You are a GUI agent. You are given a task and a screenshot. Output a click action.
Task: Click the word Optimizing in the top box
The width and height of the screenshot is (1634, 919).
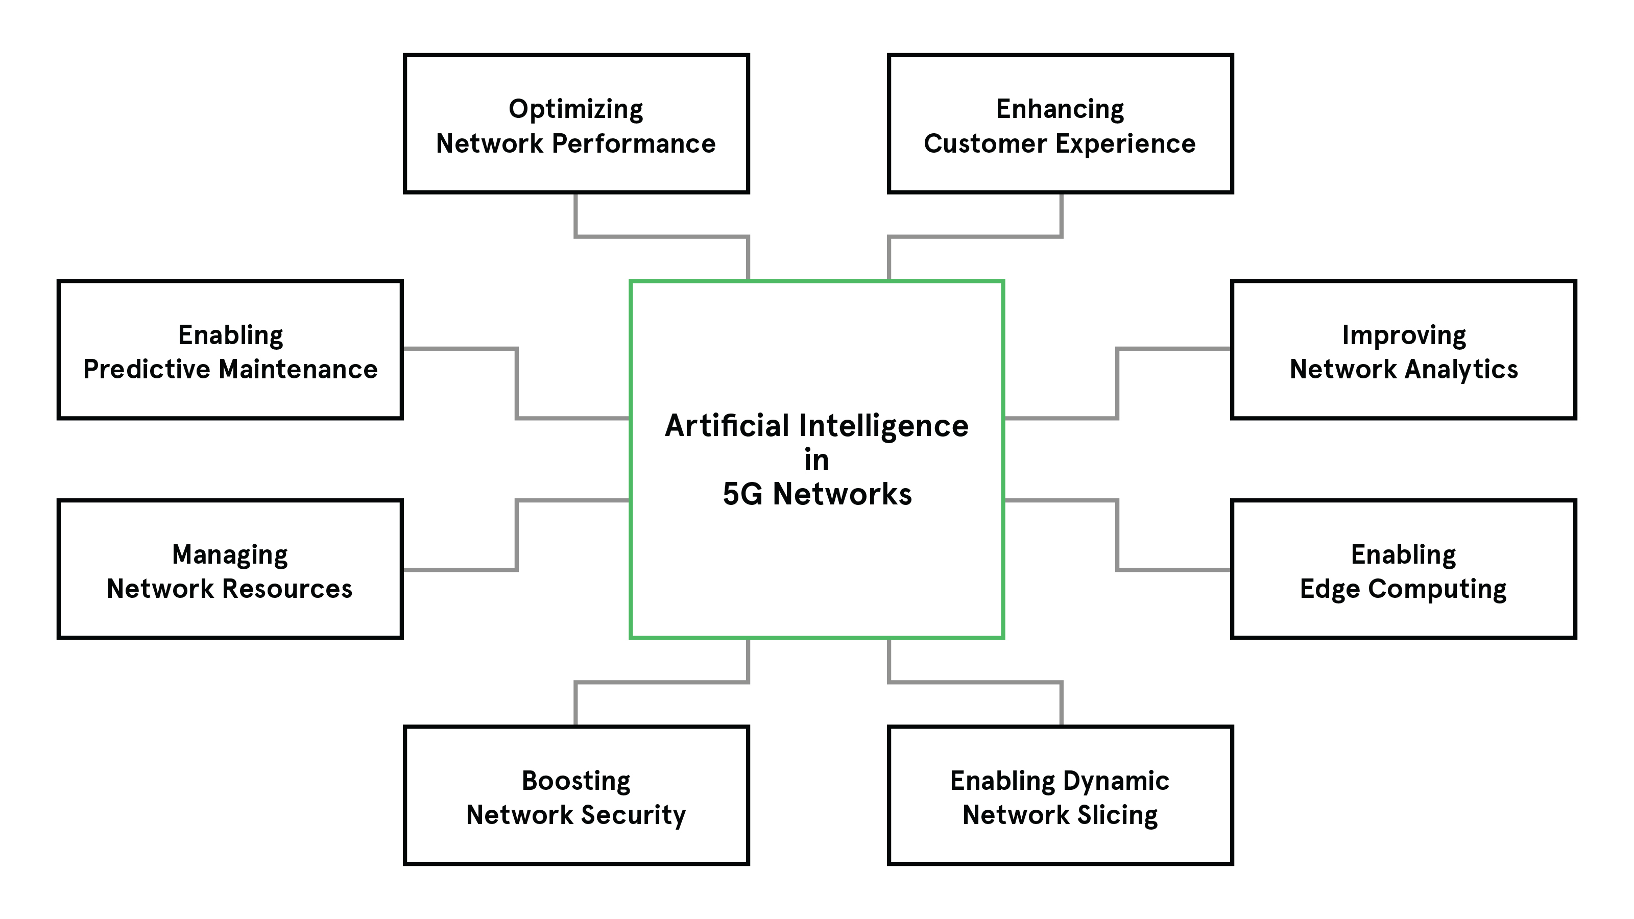pos(575,110)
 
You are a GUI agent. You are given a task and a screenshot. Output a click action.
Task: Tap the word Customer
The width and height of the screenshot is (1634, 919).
pos(984,144)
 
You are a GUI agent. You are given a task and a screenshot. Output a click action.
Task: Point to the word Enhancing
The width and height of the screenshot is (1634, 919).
pos(1060,109)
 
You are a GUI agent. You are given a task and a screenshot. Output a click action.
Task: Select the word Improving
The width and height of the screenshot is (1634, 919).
pos(1403,335)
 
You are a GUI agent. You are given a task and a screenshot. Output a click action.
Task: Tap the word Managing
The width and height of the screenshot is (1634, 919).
pos(230,555)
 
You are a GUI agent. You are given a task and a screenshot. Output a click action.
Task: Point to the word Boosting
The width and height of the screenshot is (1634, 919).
pos(575,781)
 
